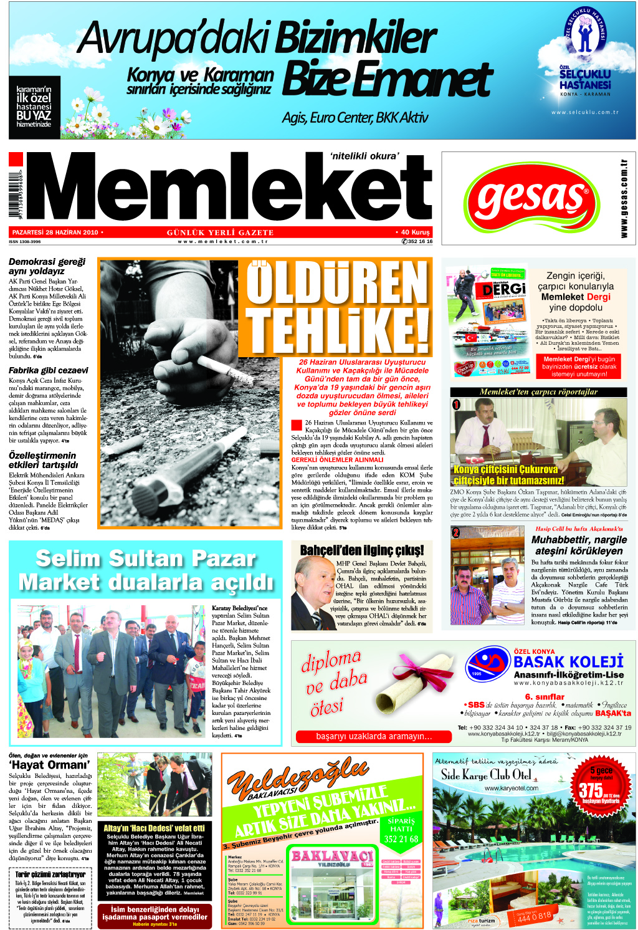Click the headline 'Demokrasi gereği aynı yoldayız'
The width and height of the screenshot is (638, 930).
47,266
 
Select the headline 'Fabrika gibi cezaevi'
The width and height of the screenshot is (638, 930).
48,370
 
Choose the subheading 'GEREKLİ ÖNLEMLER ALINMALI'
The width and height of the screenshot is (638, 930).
337,460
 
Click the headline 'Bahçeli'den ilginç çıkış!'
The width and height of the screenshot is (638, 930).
361,550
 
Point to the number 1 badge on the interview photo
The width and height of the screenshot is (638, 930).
456,405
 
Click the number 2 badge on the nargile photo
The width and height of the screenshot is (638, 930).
456,532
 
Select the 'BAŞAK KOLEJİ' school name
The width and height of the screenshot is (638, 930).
568,662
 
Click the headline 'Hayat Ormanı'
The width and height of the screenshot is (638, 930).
49,765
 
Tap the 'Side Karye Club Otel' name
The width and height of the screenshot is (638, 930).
486,775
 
